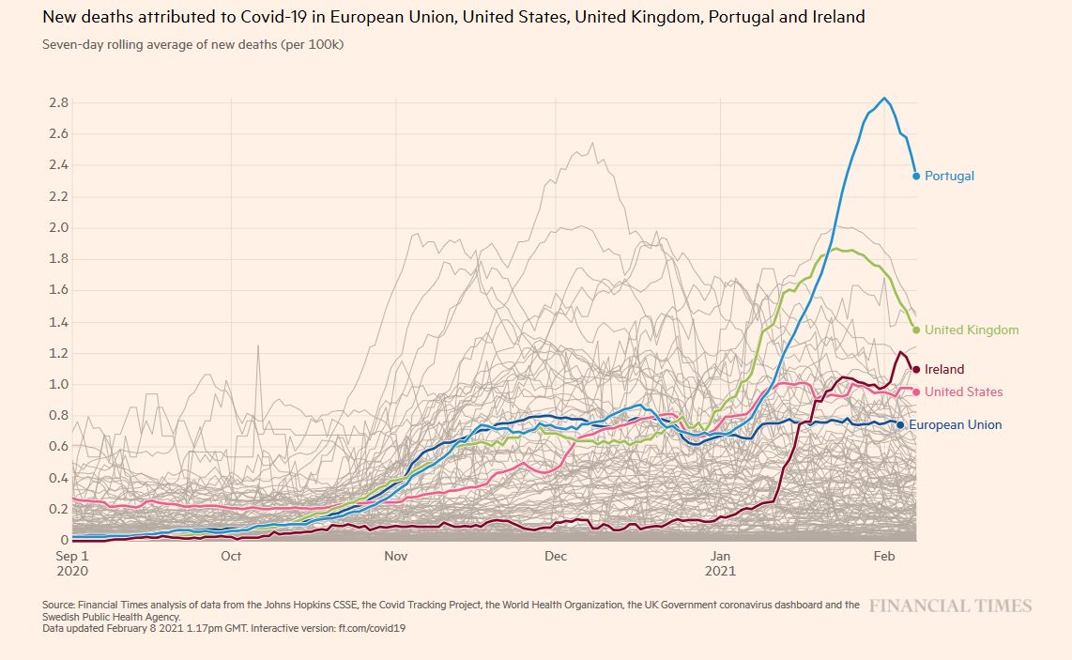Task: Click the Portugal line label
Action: pos(949,176)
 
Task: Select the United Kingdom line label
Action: pos(971,330)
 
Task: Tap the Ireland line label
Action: pos(943,370)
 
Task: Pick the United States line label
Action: pos(963,391)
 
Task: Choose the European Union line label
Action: pos(955,425)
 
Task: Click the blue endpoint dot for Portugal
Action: pos(916,176)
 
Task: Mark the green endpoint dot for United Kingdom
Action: pos(916,330)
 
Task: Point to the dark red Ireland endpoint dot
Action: pos(916,370)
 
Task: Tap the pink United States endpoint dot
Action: pos(916,391)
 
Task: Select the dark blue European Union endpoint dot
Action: pos(900,425)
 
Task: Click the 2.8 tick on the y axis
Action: pos(58,102)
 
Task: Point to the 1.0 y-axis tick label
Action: pos(58,384)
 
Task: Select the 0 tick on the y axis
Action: pos(64,540)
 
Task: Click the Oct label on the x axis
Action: pos(231,557)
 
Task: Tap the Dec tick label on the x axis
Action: pos(556,557)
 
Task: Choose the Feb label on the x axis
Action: pos(884,557)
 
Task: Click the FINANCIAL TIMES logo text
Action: pos(950,606)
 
